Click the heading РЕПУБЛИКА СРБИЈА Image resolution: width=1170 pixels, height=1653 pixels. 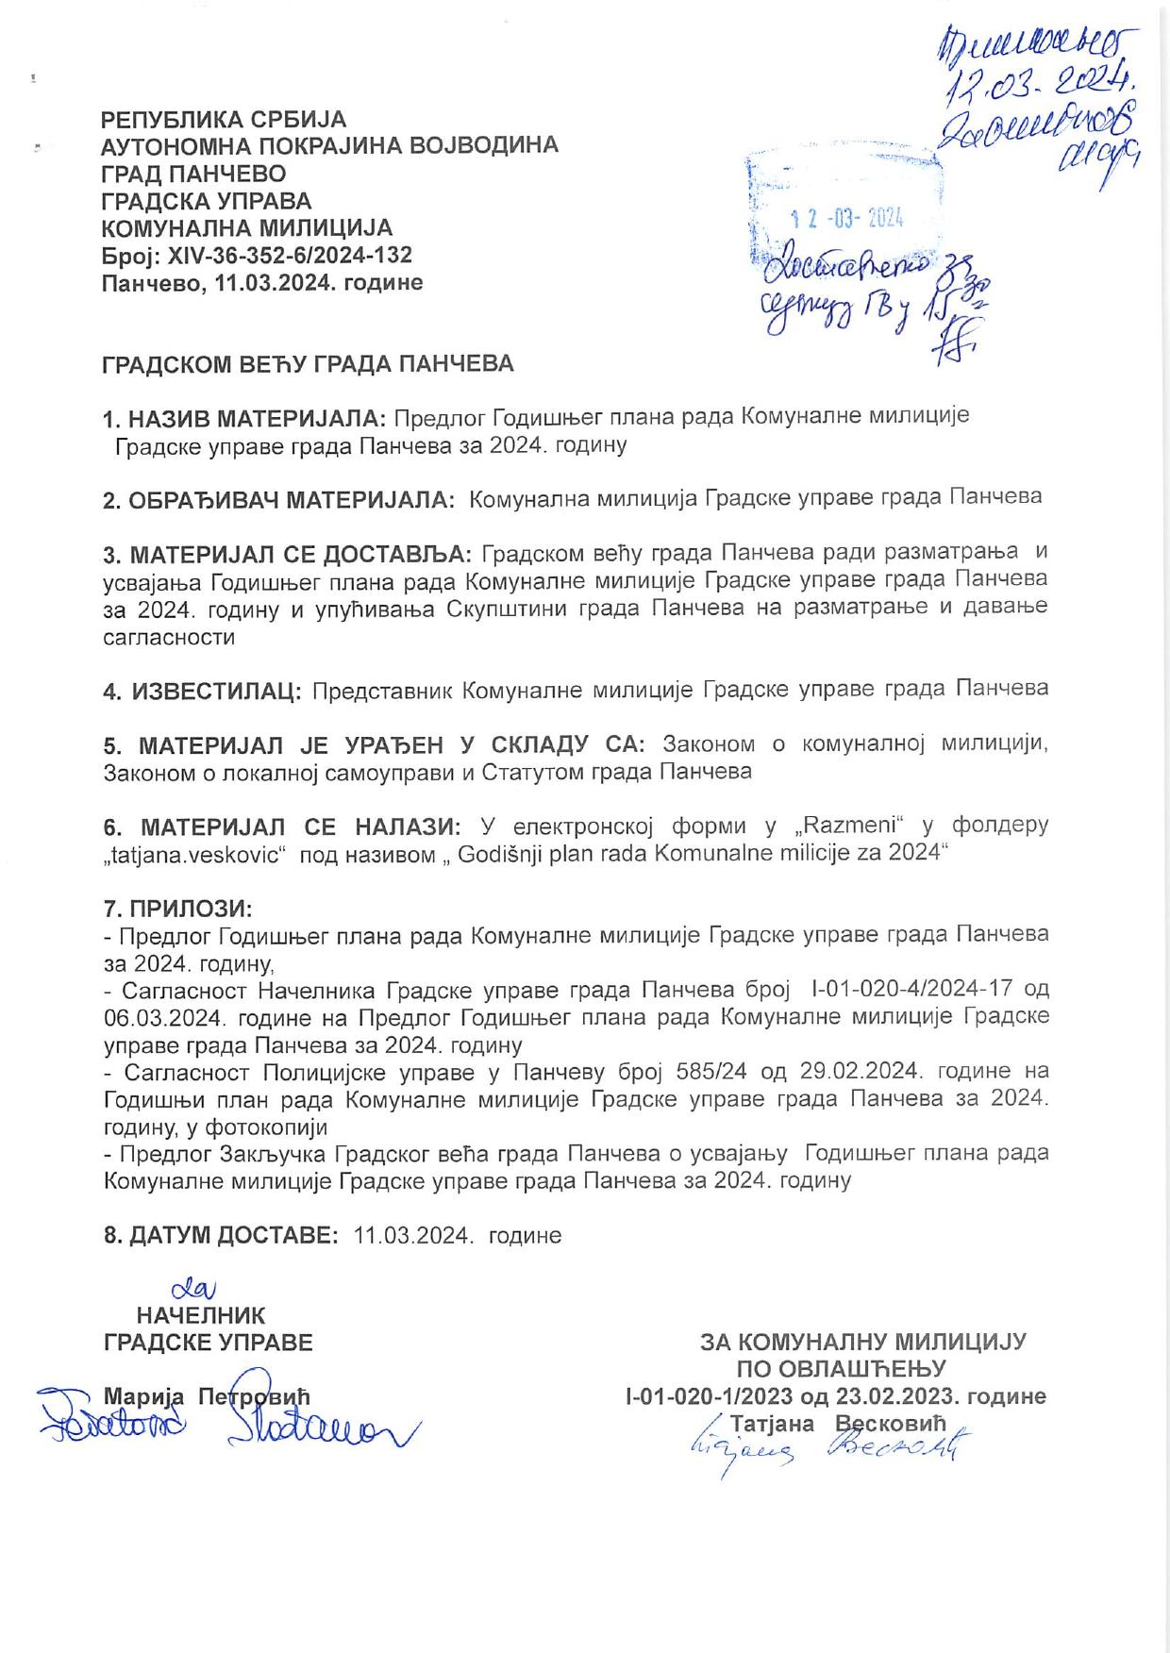(225, 120)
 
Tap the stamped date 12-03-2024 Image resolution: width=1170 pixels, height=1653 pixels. (847, 220)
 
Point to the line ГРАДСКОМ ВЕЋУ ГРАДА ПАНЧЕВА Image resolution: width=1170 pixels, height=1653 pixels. (308, 364)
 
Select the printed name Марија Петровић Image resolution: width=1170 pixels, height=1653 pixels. (207, 1396)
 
